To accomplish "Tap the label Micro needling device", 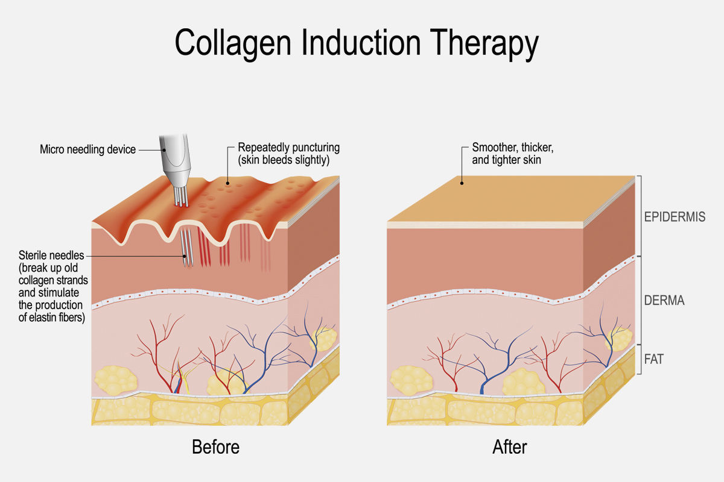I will (x=87, y=149).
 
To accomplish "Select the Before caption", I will (x=215, y=447).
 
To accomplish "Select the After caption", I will (x=509, y=447).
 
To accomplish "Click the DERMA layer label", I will (x=665, y=300).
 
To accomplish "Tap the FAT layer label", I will (x=654, y=359).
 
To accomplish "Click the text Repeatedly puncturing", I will (x=289, y=147).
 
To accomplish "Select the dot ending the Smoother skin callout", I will (x=462, y=183).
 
